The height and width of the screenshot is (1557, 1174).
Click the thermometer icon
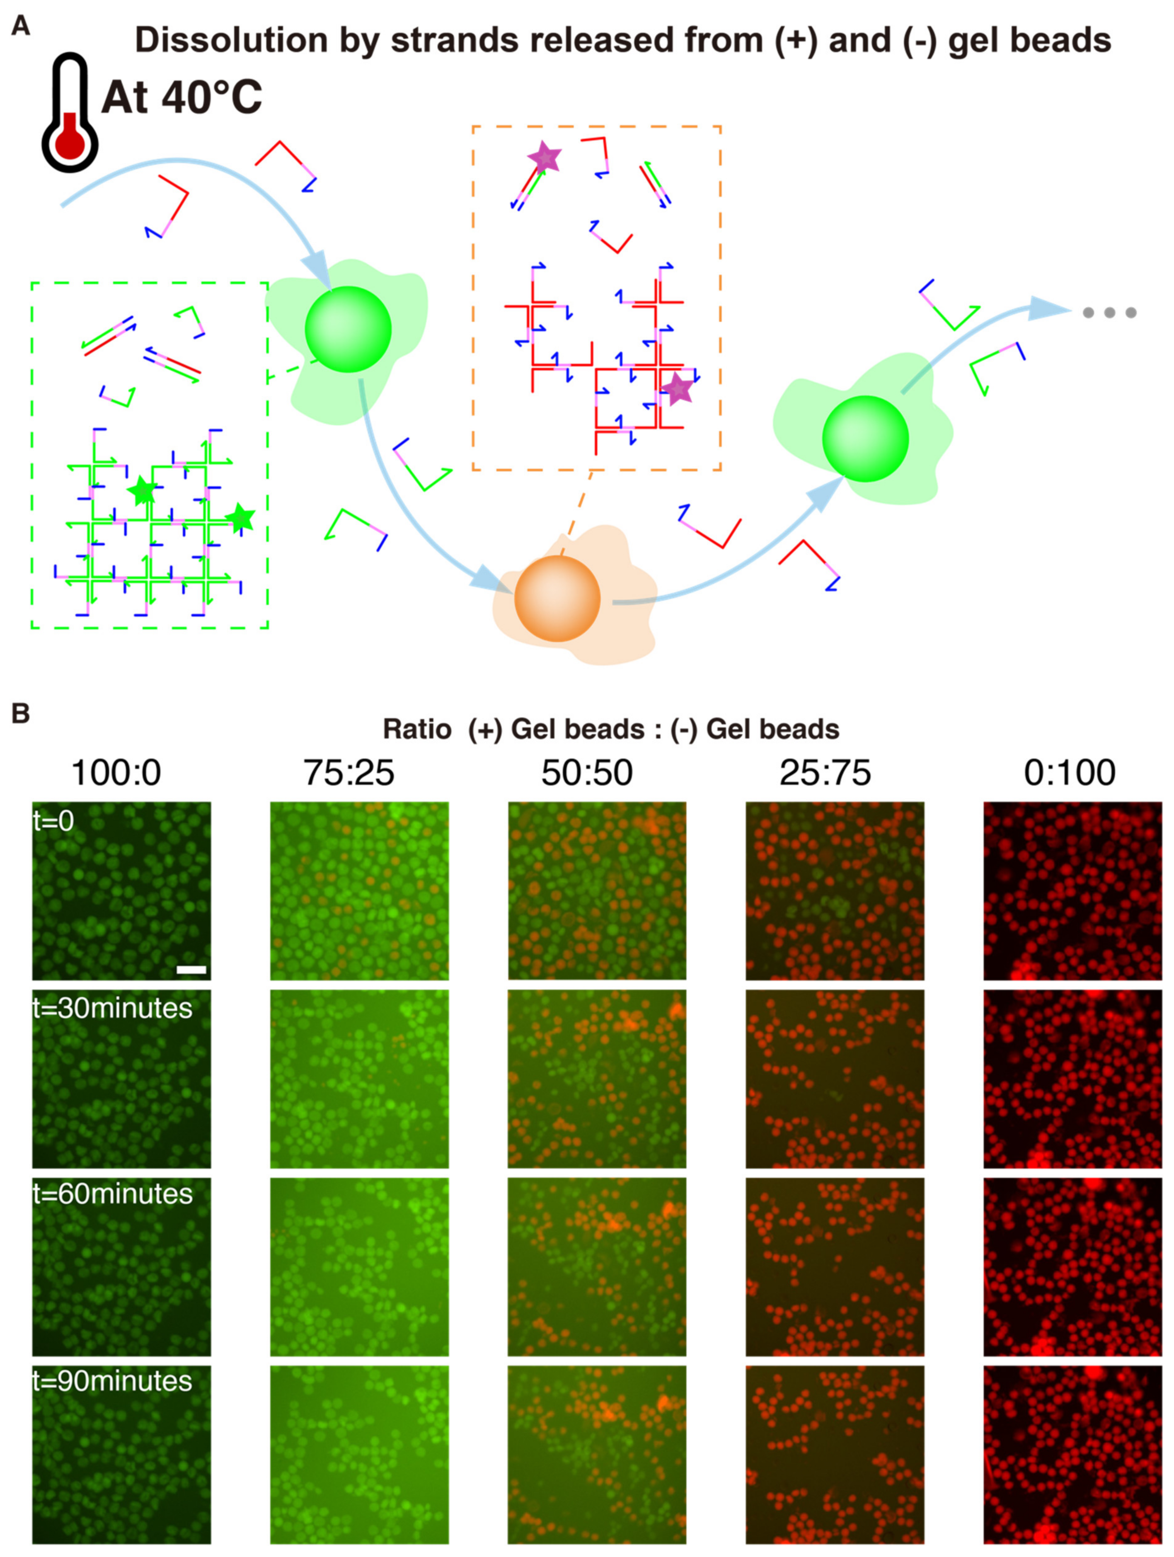click(x=69, y=112)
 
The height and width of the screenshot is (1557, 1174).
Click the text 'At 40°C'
click(x=182, y=97)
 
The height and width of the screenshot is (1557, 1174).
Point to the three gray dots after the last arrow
click(x=1109, y=313)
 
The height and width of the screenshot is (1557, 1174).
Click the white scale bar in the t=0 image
click(x=191, y=970)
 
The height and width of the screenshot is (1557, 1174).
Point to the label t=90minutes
click(x=112, y=1381)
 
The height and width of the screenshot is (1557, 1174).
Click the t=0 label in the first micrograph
click(x=53, y=821)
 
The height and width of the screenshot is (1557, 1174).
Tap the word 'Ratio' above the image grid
click(x=417, y=729)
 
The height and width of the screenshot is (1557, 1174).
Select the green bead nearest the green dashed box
click(x=348, y=329)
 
